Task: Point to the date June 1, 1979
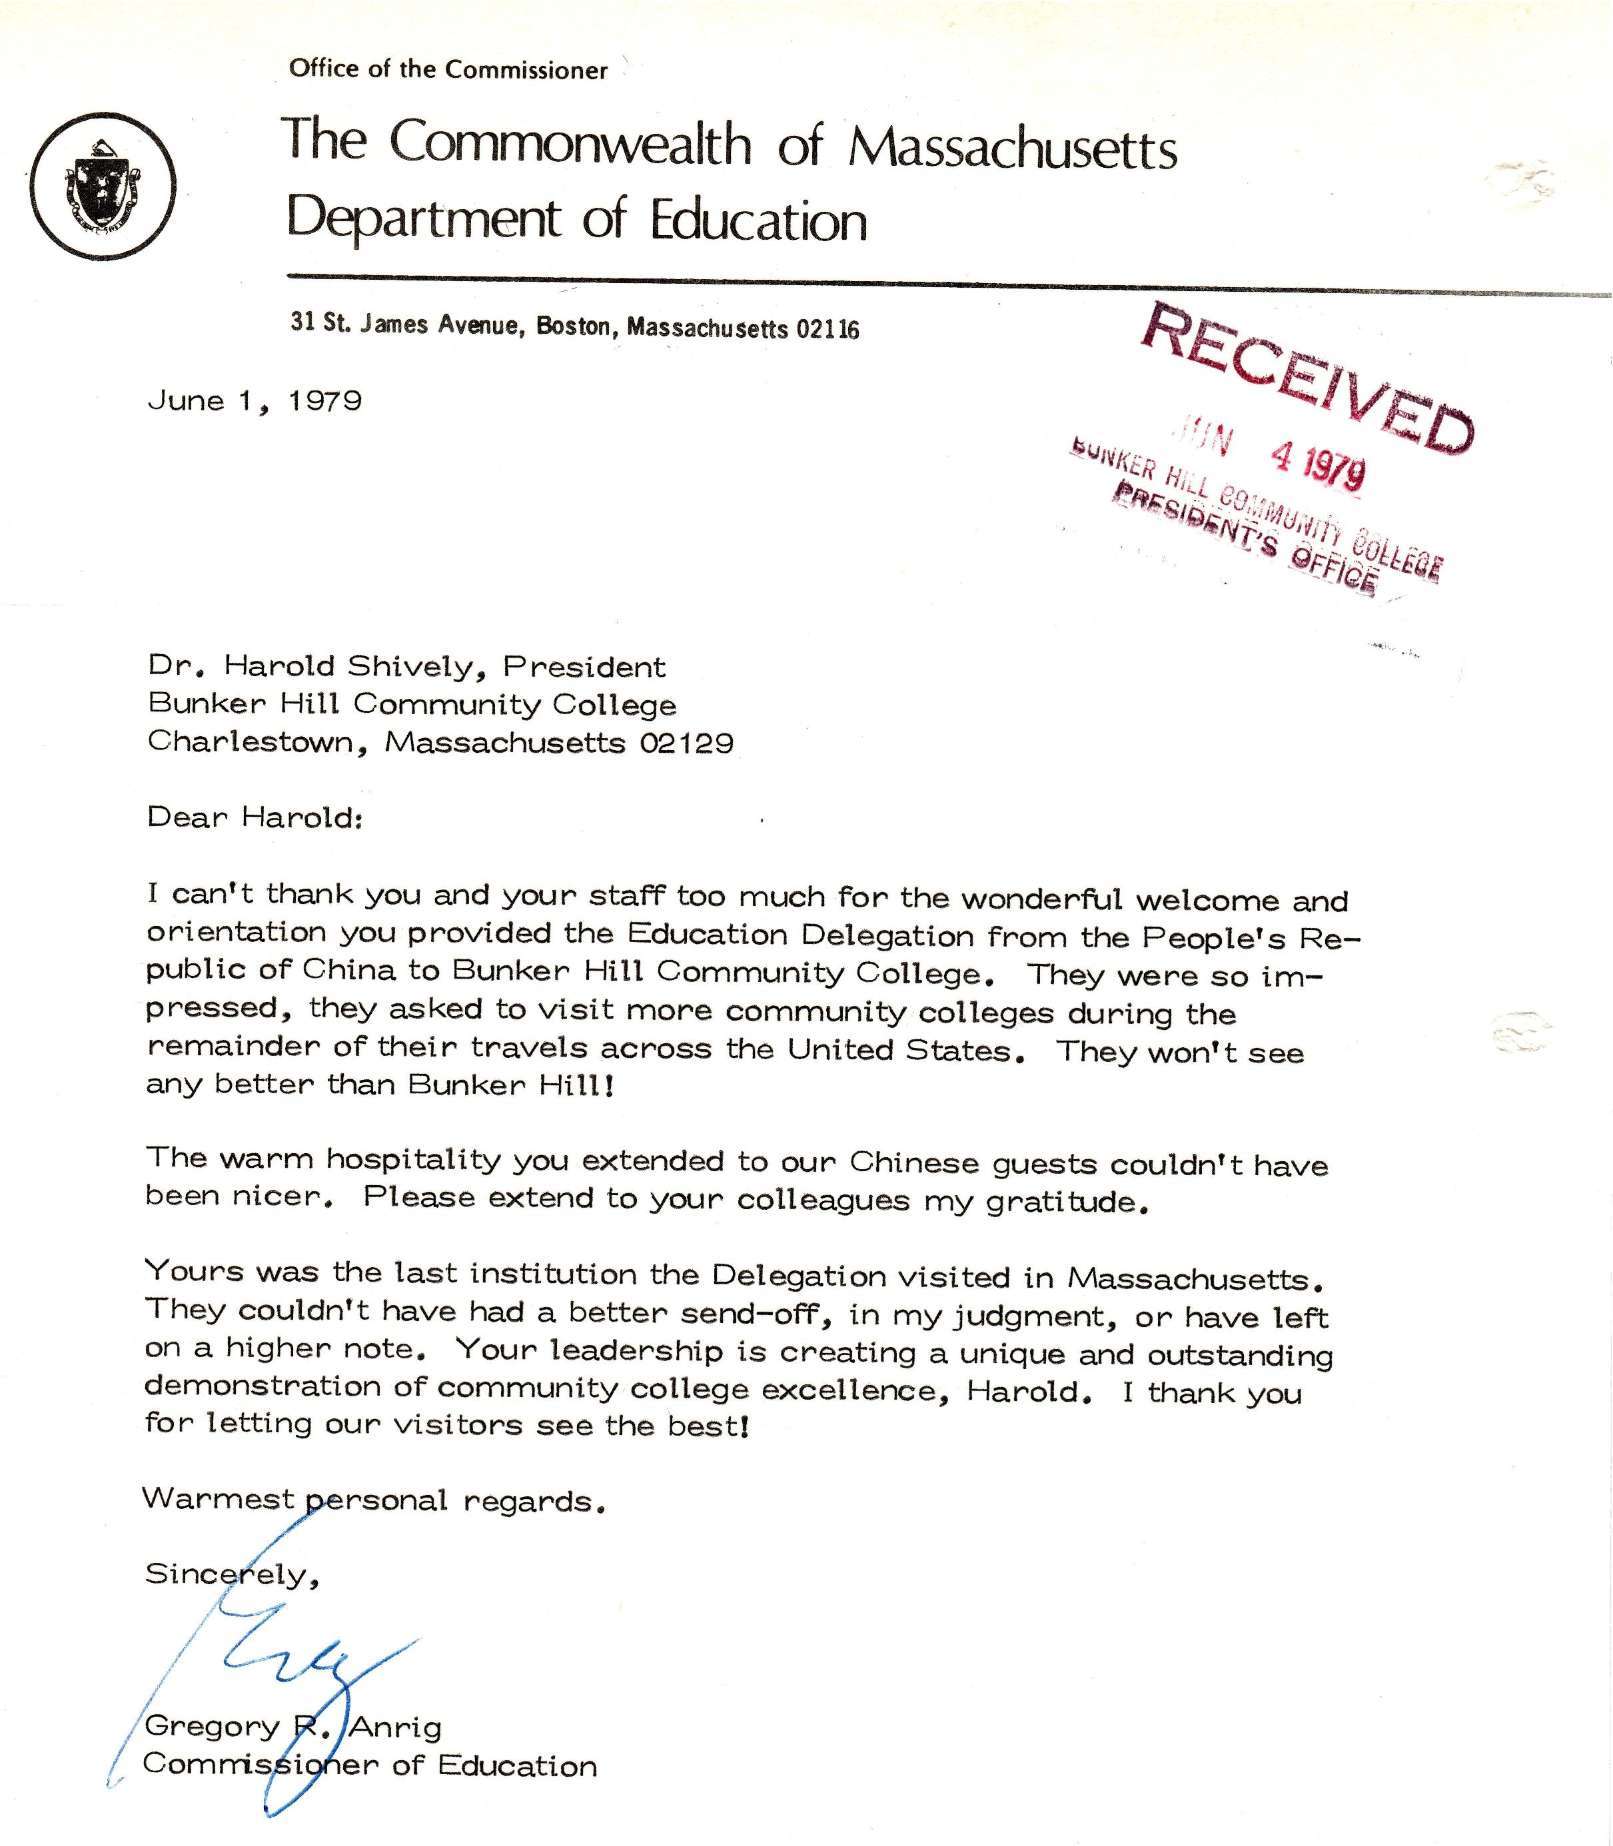click(x=255, y=400)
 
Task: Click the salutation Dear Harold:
click(x=255, y=817)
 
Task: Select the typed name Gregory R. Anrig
click(x=293, y=1726)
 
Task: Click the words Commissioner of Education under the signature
click(x=370, y=1766)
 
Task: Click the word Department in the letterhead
click(x=423, y=220)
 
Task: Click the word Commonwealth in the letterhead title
click(x=570, y=143)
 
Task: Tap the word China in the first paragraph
click(x=348, y=969)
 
